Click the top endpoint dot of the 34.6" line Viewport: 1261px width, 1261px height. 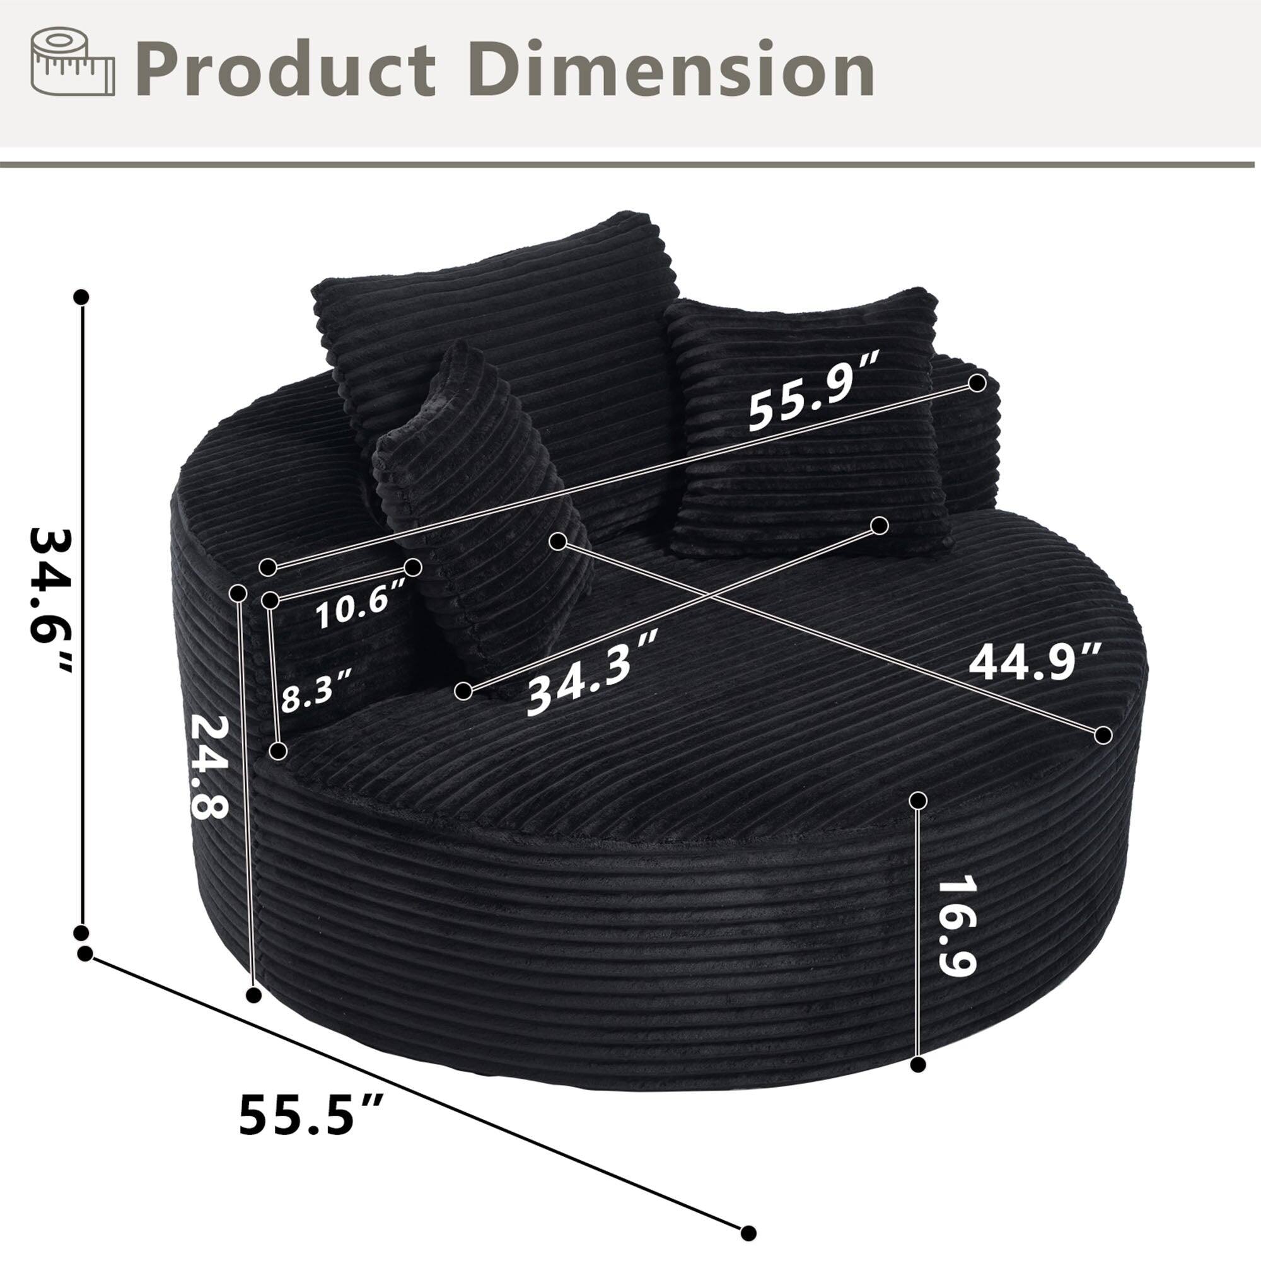coord(81,297)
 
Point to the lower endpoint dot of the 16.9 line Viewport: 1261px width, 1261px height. coord(919,1064)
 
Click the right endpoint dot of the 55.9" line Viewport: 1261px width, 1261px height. coord(977,383)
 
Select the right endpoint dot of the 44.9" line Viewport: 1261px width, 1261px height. coord(1103,735)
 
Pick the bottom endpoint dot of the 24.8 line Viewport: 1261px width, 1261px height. coord(255,995)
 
